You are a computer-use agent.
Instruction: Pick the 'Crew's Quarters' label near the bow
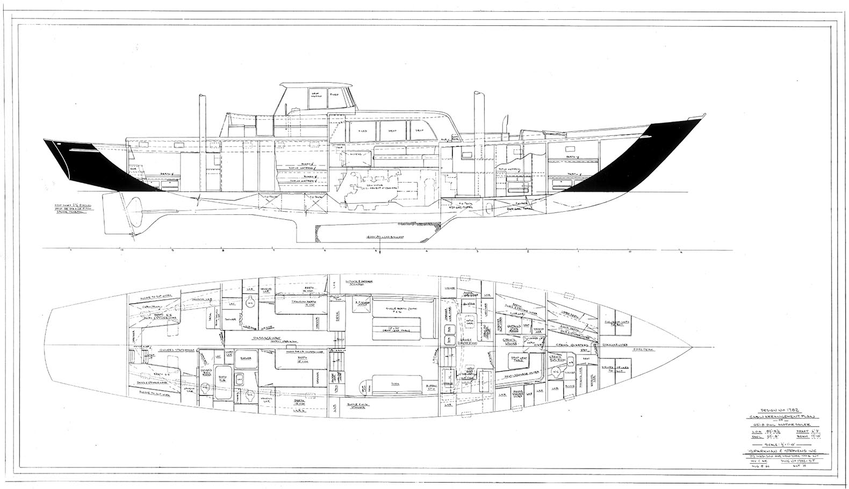click(x=565, y=344)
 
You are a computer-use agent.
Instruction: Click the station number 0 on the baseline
click(x=630, y=251)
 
